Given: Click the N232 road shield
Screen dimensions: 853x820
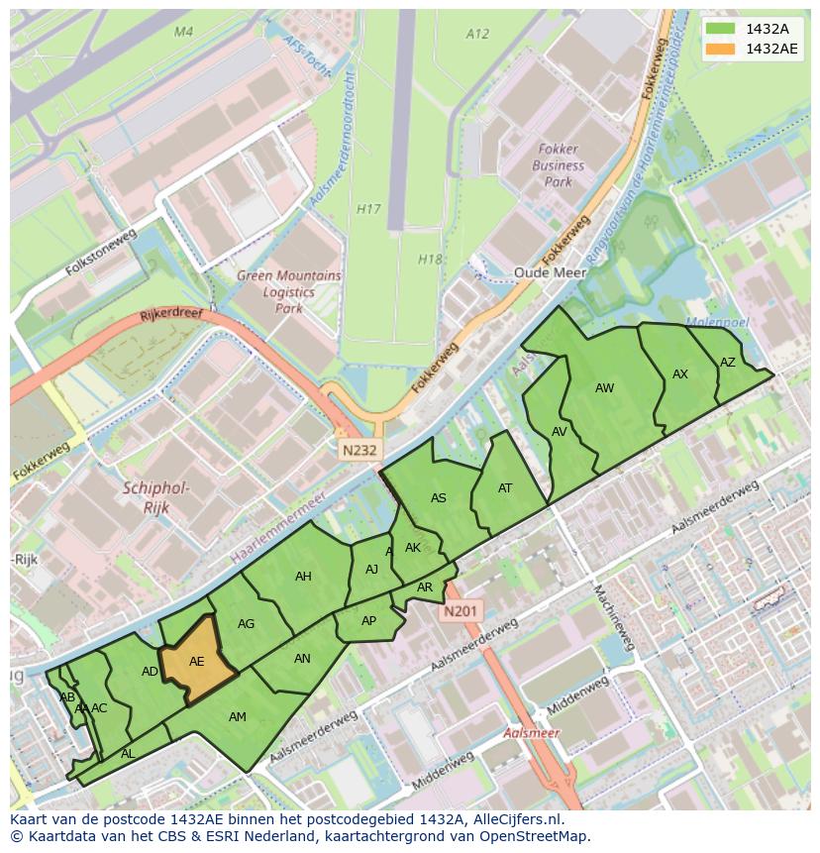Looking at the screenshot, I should coord(359,450).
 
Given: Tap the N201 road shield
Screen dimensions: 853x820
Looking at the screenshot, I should coord(461,611).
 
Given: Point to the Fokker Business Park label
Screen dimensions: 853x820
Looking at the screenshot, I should coord(559,166).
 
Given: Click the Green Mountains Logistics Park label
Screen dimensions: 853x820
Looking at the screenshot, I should coord(288,292).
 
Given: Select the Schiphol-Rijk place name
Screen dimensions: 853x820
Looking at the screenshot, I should coord(156,497).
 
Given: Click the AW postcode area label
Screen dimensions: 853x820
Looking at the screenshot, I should coord(604,388).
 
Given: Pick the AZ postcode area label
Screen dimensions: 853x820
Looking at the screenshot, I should coord(728,363).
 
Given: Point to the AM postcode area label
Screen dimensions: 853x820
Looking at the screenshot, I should coord(238,716).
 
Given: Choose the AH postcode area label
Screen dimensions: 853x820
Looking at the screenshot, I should coord(303,577).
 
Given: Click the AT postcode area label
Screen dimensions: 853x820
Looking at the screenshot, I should coord(505,487).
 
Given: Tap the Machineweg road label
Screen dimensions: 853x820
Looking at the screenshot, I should coord(612,617).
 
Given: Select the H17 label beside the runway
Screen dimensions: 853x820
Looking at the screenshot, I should coord(368,209).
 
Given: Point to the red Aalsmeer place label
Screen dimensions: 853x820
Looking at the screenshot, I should coord(531,733).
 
